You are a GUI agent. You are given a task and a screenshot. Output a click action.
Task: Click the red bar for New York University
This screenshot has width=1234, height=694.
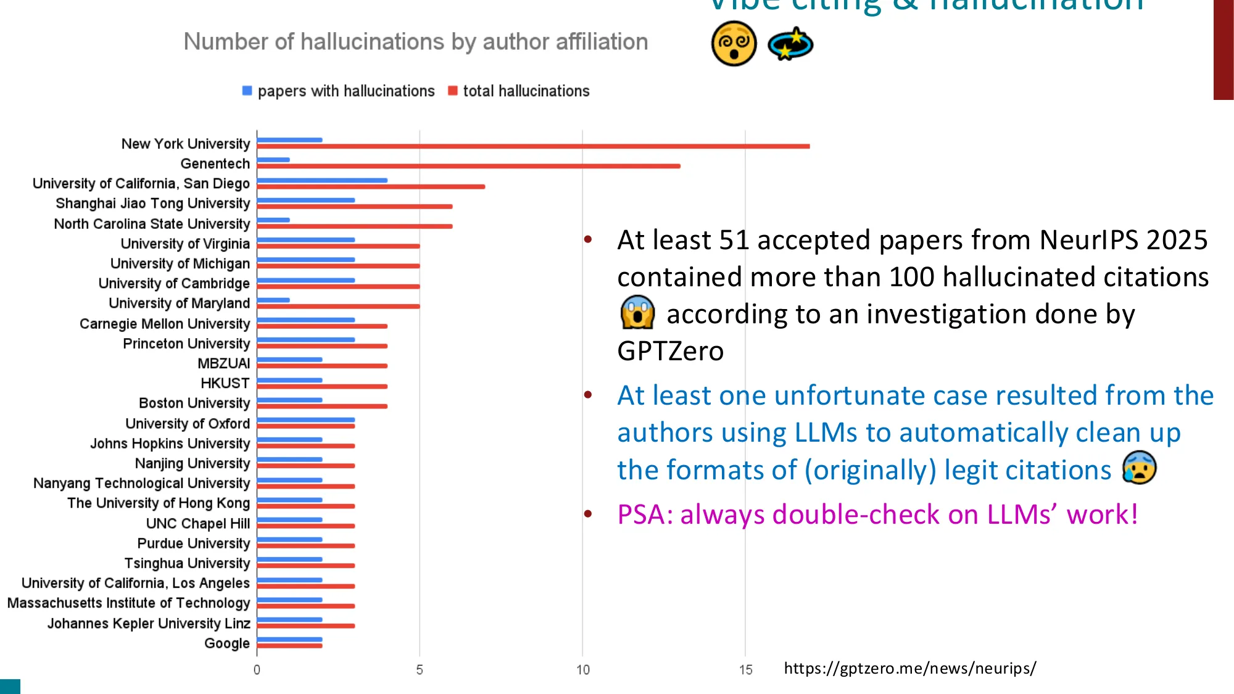click(x=533, y=146)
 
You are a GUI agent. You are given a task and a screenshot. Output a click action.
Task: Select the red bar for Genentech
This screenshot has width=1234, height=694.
click(x=469, y=166)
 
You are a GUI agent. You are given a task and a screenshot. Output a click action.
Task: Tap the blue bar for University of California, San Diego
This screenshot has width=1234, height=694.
click(x=322, y=180)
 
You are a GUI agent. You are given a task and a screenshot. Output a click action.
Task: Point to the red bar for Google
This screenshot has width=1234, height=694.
click(x=290, y=646)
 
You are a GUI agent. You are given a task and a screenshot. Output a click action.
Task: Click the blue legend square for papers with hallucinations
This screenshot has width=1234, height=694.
click(x=247, y=91)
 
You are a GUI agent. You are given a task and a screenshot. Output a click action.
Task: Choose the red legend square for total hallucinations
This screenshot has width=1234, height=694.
click(x=453, y=91)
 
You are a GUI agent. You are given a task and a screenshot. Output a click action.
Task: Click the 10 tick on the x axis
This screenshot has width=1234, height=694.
click(x=582, y=670)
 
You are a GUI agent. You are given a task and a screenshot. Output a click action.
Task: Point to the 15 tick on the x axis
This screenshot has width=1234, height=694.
click(x=745, y=670)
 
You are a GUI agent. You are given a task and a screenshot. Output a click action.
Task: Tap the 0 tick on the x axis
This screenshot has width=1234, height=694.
click(x=257, y=670)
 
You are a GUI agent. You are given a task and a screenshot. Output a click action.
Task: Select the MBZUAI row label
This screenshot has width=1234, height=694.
click(x=223, y=363)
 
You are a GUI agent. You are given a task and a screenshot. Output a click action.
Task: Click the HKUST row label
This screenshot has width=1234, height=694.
click(x=225, y=383)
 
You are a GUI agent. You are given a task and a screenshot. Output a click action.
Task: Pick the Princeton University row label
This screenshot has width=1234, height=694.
click(x=186, y=344)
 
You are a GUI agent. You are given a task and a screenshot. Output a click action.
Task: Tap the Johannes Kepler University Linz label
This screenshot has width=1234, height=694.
click(x=149, y=623)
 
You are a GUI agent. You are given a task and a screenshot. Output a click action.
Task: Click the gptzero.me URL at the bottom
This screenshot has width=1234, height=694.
click(x=909, y=668)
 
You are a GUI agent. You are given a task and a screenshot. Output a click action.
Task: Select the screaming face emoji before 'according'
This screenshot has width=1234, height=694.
click(x=637, y=313)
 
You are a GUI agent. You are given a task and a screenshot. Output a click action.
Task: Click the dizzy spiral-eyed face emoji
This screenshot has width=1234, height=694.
click(x=734, y=44)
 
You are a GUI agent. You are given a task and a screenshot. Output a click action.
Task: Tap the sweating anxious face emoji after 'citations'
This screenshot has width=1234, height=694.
click(x=1139, y=468)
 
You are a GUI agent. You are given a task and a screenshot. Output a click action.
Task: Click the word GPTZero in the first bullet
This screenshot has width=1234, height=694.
click(x=670, y=351)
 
